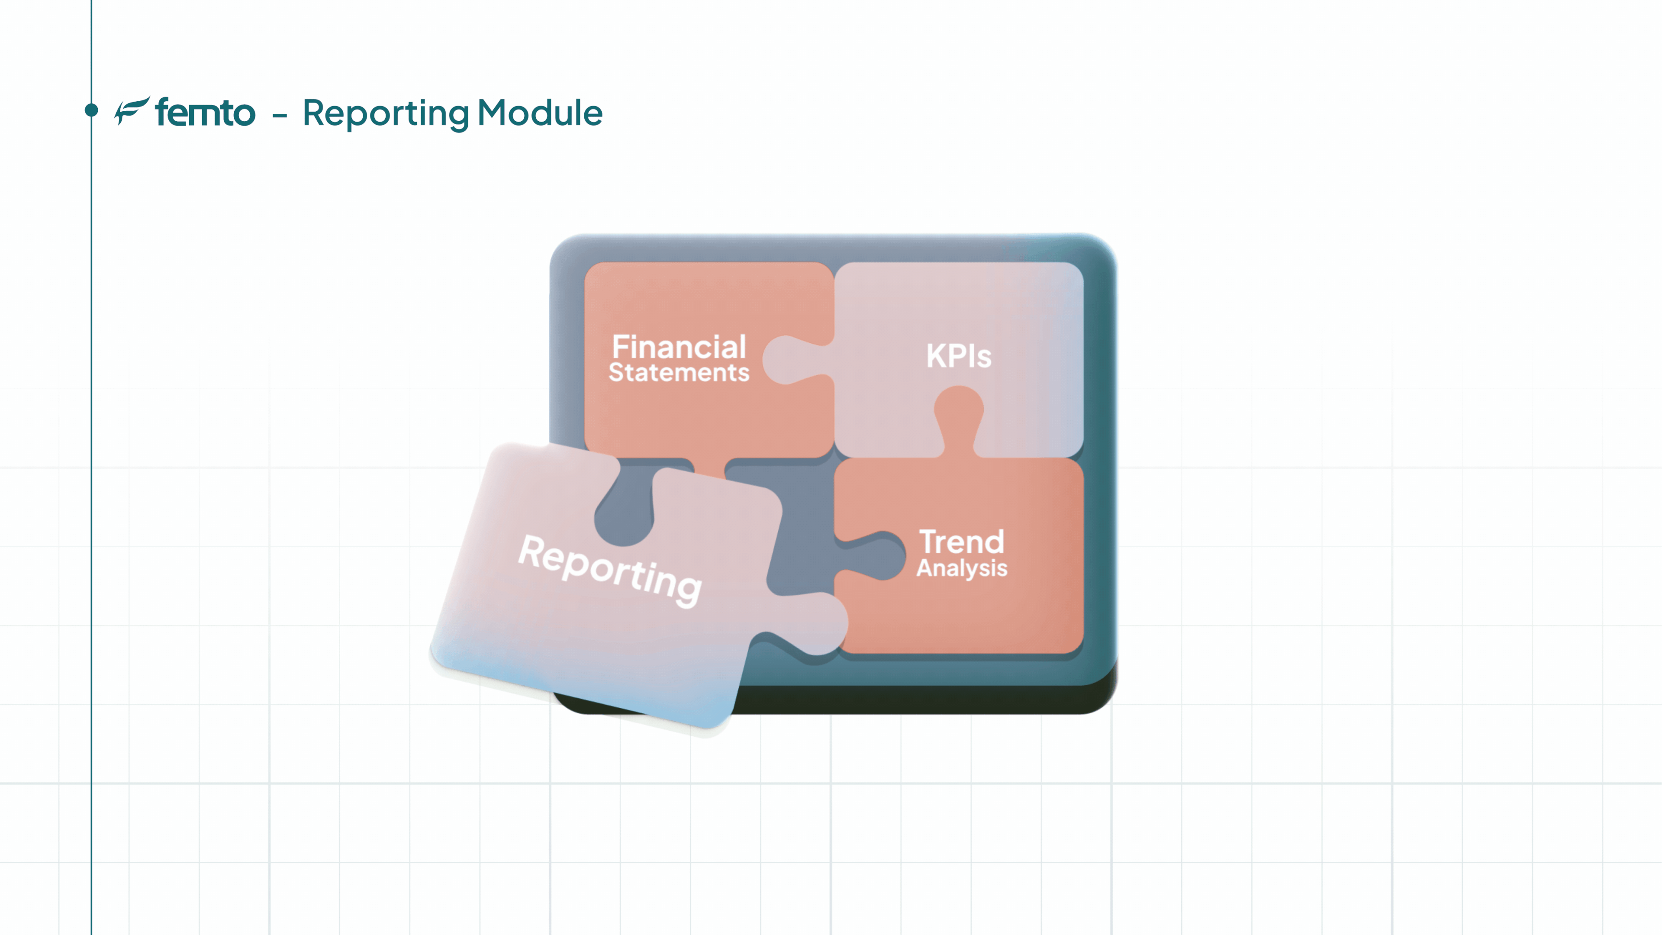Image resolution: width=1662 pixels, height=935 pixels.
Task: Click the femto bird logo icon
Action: [132, 110]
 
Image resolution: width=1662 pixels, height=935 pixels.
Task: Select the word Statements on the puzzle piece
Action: [679, 372]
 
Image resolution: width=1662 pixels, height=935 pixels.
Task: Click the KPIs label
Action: [959, 355]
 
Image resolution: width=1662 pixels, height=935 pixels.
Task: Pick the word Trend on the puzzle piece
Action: [961, 542]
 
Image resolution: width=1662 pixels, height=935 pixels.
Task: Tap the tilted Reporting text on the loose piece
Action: [610, 571]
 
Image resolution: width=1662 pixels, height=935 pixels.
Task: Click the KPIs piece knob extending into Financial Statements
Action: [795, 360]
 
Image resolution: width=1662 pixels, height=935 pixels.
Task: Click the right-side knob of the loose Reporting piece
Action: [812, 623]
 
